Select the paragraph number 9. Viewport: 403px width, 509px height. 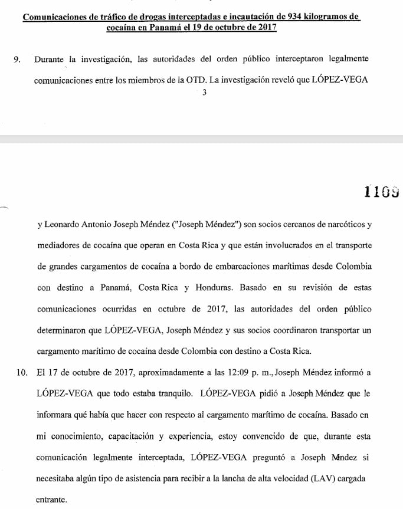16,60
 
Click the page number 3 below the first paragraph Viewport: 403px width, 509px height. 204,92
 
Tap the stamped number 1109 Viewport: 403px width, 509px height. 382,191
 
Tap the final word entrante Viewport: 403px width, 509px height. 51,500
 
